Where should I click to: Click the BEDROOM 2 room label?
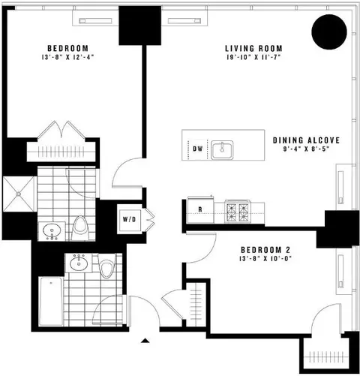pyautogui.click(x=265, y=250)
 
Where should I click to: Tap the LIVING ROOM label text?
pyautogui.click(x=253, y=48)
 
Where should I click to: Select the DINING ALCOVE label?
pyautogui.click(x=306, y=140)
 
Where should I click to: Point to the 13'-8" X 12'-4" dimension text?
pyautogui.click(x=67, y=57)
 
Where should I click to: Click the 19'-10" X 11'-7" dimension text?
pyautogui.click(x=253, y=57)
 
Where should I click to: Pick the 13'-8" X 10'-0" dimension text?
pyautogui.click(x=265, y=259)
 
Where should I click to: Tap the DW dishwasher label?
pyautogui.click(x=198, y=149)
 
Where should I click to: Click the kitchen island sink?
pyautogui.click(x=222, y=150)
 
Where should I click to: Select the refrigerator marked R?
pyautogui.click(x=200, y=209)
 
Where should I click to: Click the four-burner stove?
pyautogui.click(x=237, y=211)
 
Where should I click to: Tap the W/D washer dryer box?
pyautogui.click(x=130, y=219)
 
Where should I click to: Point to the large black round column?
pyautogui.click(x=329, y=32)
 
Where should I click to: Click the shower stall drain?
pyautogui.click(x=19, y=194)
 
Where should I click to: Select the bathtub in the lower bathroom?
pyautogui.click(x=51, y=301)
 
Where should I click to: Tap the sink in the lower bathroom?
pyautogui.click(x=79, y=263)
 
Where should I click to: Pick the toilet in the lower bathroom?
pyautogui.click(x=107, y=266)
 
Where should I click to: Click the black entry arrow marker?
pyautogui.click(x=145, y=341)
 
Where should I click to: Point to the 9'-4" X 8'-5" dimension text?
pyautogui.click(x=306, y=149)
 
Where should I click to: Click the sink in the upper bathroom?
pyautogui.click(x=52, y=230)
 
